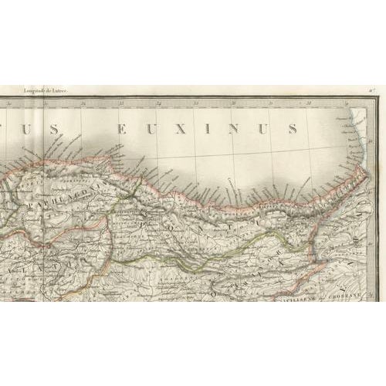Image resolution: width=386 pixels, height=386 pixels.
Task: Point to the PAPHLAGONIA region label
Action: click(x=66, y=188)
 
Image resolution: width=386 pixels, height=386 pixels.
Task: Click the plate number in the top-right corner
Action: click(x=371, y=91)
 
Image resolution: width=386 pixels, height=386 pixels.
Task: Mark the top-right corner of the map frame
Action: click(x=377, y=97)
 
